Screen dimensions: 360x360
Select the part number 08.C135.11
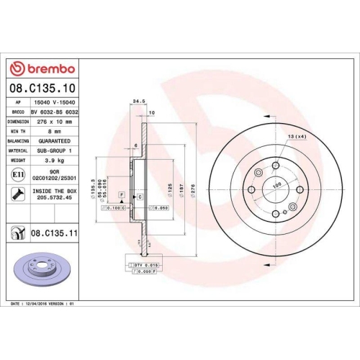55,233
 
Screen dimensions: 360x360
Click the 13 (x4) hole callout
297,137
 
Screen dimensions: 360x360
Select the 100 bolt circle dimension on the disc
275,184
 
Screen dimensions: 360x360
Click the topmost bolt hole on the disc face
275,166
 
